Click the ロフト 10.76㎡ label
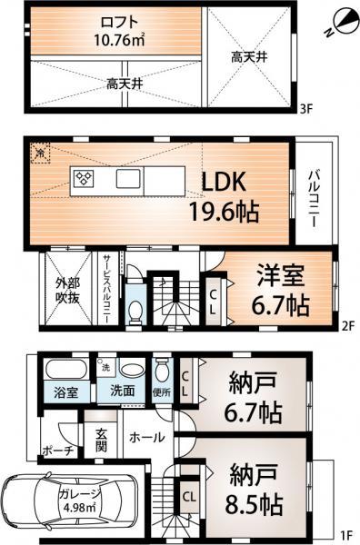point(114,31)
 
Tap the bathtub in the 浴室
point(63,372)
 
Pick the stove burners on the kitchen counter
point(84,177)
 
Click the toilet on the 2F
point(135,311)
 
